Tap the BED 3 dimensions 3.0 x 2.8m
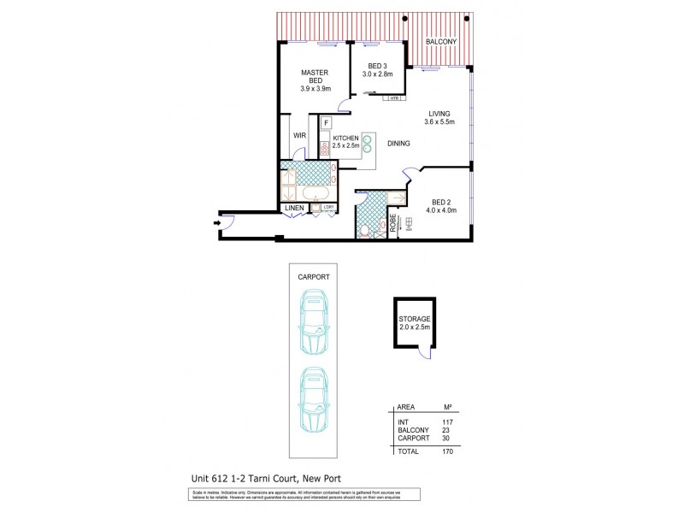coord(380,75)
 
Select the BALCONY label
coord(441,42)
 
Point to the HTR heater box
coord(394,98)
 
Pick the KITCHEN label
coord(345,138)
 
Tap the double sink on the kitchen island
coord(368,143)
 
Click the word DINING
coord(398,144)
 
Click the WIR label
coord(300,135)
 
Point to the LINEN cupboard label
coord(294,208)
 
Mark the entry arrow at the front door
coord(213,225)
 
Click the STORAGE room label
coord(415,318)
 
